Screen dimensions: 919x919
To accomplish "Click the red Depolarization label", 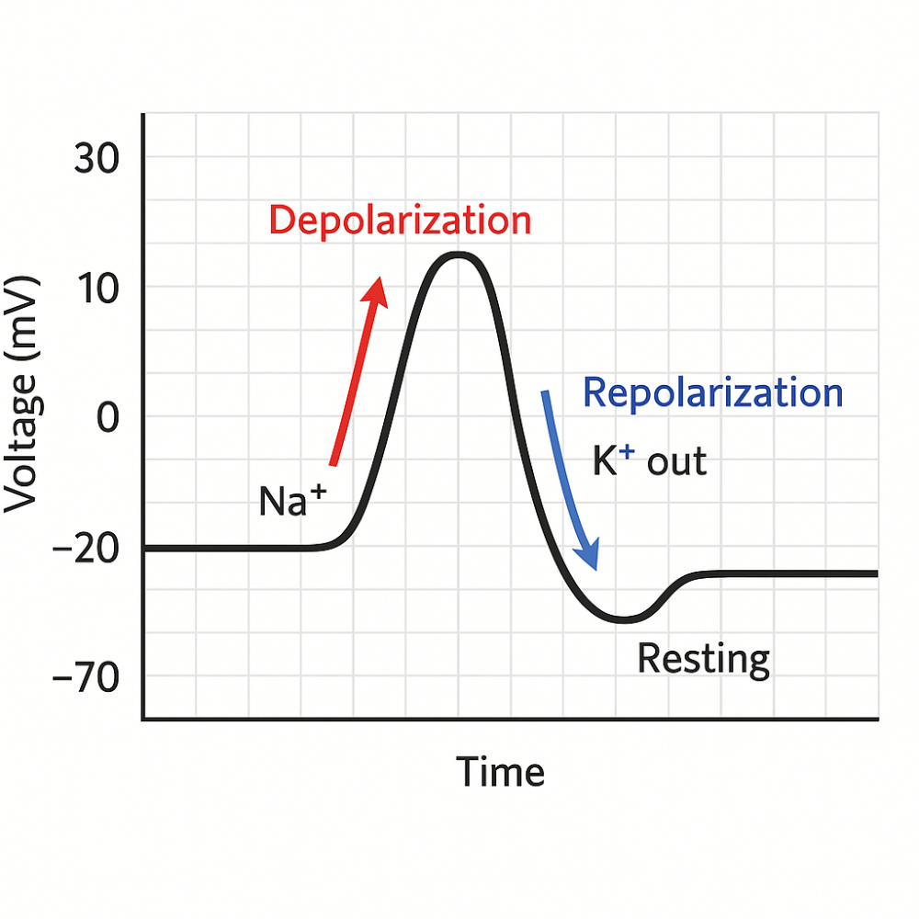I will tap(400, 221).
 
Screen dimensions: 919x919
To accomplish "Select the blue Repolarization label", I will tap(713, 393).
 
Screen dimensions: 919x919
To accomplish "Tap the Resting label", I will tap(704, 659).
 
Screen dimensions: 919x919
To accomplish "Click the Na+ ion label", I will tap(292, 501).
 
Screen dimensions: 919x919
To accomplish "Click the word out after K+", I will tap(677, 462).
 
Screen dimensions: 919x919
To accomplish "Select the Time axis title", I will tap(501, 772).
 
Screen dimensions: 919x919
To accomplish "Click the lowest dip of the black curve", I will tap(623, 619).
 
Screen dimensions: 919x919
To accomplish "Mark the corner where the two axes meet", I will tap(143, 719).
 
